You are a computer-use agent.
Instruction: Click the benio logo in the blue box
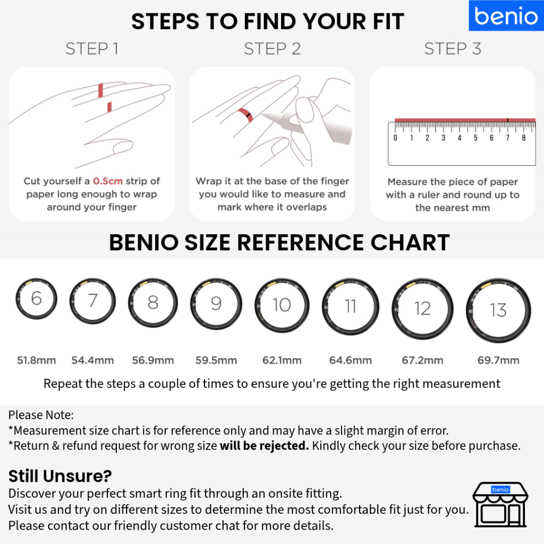(506, 15)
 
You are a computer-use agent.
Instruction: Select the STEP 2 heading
(272, 48)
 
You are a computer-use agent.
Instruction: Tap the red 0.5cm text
(108, 181)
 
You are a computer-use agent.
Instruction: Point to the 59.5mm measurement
(216, 360)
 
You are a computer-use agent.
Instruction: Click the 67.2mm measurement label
(422, 360)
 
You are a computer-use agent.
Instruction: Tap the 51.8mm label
(37, 360)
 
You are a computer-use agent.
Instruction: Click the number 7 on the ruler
(507, 138)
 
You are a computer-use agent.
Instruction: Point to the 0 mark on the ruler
(395, 138)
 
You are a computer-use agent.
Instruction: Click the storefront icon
(500, 505)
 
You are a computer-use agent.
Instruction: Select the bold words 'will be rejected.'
(265, 446)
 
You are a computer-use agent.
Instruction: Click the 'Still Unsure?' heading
(60, 476)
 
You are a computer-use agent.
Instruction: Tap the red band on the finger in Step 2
(245, 115)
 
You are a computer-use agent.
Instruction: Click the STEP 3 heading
(453, 48)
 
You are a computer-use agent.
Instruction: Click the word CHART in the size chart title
(410, 242)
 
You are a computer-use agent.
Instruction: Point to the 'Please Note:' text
(41, 415)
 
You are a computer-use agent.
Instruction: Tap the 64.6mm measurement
(351, 360)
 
